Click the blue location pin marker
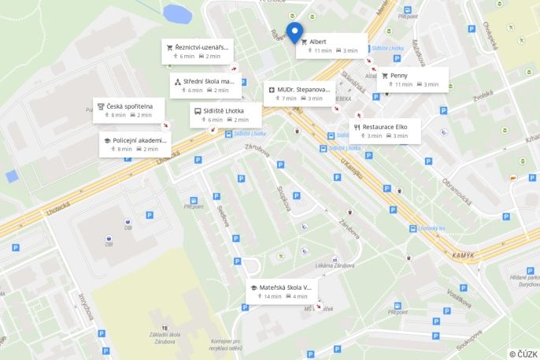click(x=295, y=32)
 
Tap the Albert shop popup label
click(x=331, y=46)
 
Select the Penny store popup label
click(x=413, y=80)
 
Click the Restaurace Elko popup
click(x=384, y=131)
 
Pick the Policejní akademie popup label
click(x=135, y=144)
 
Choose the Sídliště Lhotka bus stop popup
click(x=225, y=115)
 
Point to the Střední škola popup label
click(x=204, y=85)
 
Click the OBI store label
click(x=109, y=244)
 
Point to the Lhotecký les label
click(x=432, y=228)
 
